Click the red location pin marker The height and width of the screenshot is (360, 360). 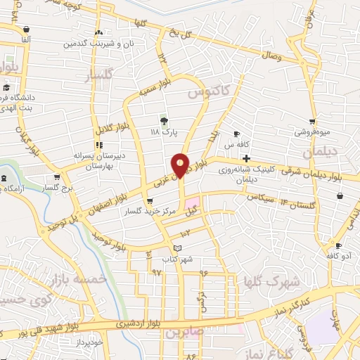pos(181,166)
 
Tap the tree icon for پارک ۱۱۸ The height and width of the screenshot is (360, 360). pos(165,121)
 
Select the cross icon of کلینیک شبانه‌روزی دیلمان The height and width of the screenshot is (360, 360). pos(245,159)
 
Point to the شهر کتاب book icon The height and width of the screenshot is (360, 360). pos(178,248)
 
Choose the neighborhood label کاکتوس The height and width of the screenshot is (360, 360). pos(209,92)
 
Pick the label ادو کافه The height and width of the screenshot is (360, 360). pos(337,256)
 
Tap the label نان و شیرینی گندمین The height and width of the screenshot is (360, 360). pos(98,43)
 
